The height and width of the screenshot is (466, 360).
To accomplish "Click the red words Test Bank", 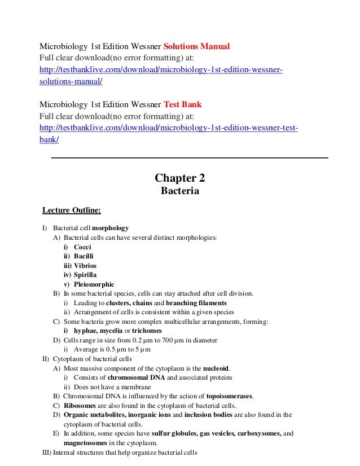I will point(182,105).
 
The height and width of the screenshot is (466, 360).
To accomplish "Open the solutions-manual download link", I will point(161,69).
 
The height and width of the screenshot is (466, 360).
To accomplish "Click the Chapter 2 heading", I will point(180,179).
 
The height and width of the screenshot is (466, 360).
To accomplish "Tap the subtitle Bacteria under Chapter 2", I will point(180,192).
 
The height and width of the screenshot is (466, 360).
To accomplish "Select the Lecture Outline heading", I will point(72,211).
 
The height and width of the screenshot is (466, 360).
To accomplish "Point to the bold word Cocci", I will point(82,247).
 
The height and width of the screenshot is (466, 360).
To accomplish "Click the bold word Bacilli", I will point(84,256).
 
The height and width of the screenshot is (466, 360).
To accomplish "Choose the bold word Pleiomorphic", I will point(94,284).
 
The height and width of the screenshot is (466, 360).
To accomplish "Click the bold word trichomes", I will point(144,331).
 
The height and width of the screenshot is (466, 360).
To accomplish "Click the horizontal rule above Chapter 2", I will point(190,157).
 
